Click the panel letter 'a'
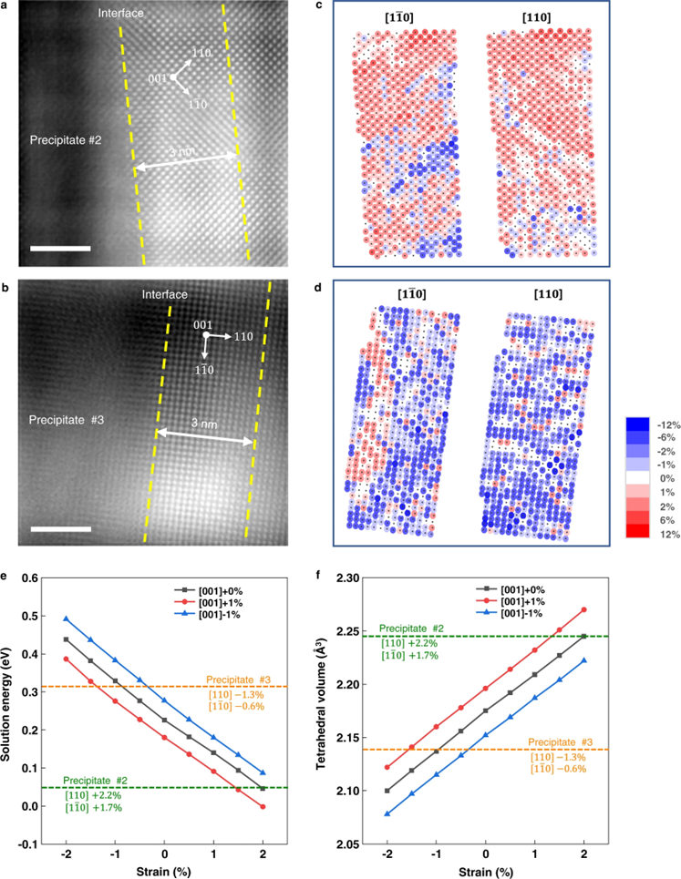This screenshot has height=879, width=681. pos(6,6)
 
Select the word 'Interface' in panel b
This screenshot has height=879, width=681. pos(164,294)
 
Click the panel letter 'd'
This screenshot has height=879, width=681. pos(341,289)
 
